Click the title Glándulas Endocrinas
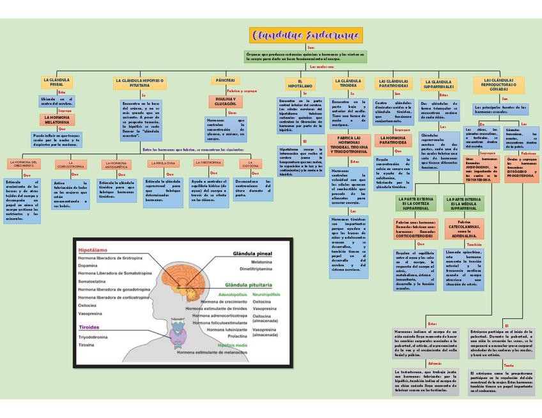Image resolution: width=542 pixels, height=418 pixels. tap(307, 34)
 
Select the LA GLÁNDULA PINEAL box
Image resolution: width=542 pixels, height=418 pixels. tap(57, 82)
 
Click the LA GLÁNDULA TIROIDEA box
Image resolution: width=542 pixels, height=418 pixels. tap(348, 83)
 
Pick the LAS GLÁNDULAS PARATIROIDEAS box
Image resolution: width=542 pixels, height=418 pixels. tap(393, 83)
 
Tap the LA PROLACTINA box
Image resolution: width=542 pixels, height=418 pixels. tap(162, 163)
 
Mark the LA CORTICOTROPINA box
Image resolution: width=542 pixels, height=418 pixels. tap(70, 165)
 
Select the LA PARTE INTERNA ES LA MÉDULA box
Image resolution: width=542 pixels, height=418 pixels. tap(465, 204)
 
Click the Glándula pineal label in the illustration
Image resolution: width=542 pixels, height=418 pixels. tap(252, 253)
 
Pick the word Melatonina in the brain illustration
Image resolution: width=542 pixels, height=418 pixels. tap(261, 262)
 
